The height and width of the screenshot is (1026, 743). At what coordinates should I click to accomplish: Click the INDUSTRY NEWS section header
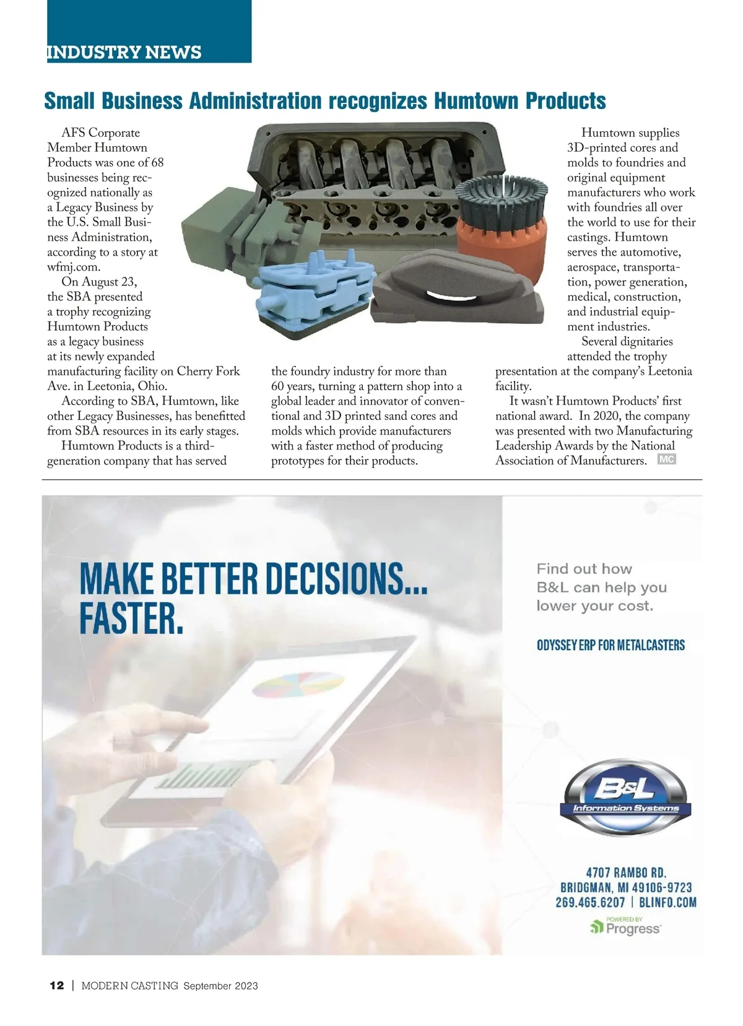point(124,52)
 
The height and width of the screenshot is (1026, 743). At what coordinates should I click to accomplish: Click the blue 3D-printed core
point(316,291)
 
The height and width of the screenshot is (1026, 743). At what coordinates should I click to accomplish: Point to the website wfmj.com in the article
point(74,267)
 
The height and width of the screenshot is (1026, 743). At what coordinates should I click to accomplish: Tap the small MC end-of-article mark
point(666,459)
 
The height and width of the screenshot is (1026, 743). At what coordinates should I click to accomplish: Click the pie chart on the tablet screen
point(298,687)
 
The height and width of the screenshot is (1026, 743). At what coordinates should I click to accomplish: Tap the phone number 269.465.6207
point(590,902)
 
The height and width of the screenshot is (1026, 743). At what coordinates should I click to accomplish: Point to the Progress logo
point(625,928)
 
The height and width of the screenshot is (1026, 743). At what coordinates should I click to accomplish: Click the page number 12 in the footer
point(56,986)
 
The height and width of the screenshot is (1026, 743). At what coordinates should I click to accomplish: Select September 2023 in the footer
point(220,986)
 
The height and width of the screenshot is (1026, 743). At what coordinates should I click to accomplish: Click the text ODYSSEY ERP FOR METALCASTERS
point(610,645)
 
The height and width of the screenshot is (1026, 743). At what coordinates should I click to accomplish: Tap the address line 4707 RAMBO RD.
point(626,872)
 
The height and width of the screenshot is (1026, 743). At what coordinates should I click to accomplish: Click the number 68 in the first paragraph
point(157,162)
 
